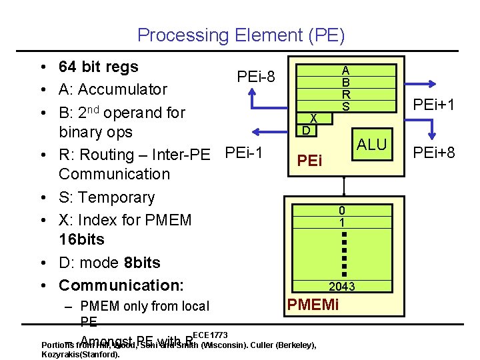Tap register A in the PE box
[x=346, y=69]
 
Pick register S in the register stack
[x=346, y=107]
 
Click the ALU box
[x=371, y=145]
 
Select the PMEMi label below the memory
[x=313, y=306]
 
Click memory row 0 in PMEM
[x=341, y=211]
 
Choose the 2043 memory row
[x=341, y=287]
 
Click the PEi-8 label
[x=255, y=77]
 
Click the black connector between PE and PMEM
[x=344, y=186]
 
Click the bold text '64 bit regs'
[x=99, y=67]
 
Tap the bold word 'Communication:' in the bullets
[x=121, y=285]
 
